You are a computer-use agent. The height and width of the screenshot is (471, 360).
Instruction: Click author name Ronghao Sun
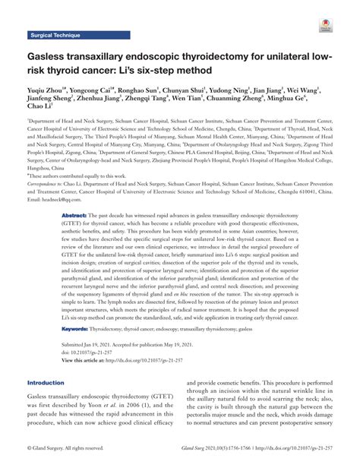pos(141,90)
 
